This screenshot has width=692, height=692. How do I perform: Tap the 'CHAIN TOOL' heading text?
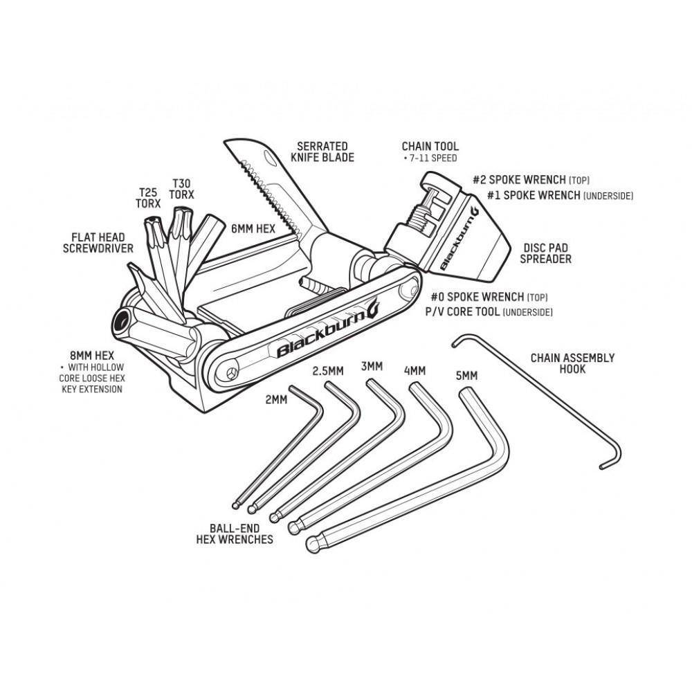pyautogui.click(x=430, y=146)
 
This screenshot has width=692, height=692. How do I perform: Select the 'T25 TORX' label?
pyautogui.click(x=148, y=198)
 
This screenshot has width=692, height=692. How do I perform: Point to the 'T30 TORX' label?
pyautogui.click(x=182, y=188)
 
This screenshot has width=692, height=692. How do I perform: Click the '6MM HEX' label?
pyautogui.click(x=253, y=228)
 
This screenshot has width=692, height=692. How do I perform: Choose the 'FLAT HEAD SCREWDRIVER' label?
pyautogui.click(x=98, y=243)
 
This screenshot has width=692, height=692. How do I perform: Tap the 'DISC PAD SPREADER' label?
pyautogui.click(x=545, y=253)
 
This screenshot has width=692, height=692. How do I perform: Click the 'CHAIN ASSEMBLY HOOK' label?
pyautogui.click(x=572, y=363)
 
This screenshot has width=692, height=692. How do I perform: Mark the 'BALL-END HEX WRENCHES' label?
pyautogui.click(x=235, y=534)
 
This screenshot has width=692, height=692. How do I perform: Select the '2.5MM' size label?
pyautogui.click(x=328, y=371)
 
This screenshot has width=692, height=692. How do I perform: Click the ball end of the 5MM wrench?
pyautogui.click(x=313, y=543)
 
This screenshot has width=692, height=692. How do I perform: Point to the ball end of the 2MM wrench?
pyautogui.click(x=236, y=505)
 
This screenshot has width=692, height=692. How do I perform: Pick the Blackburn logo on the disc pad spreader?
pyautogui.click(x=459, y=238)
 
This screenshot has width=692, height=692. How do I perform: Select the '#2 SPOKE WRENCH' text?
pyautogui.click(x=519, y=180)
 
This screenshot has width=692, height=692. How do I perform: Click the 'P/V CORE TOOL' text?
pyautogui.click(x=462, y=311)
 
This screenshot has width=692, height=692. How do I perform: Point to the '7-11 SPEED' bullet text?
pyautogui.click(x=430, y=158)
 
